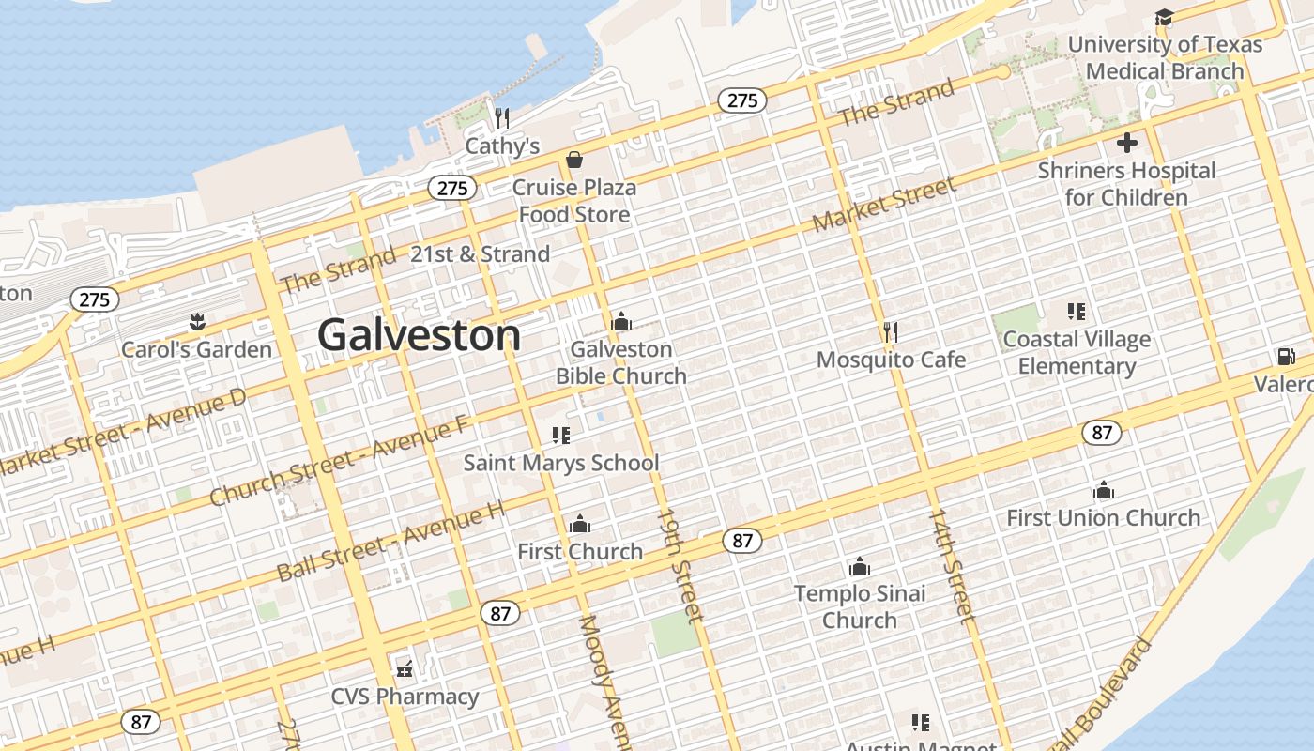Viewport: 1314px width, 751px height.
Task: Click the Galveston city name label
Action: (x=418, y=335)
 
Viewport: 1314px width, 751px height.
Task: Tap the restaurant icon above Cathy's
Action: (x=502, y=117)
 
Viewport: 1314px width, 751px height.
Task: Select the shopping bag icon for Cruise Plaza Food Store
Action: (x=573, y=160)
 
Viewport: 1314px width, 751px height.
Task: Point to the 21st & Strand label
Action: (x=480, y=254)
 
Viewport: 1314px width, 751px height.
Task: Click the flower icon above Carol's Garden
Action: (x=197, y=322)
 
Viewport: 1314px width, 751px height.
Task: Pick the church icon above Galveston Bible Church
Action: (x=620, y=322)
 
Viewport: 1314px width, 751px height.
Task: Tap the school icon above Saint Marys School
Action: (x=561, y=436)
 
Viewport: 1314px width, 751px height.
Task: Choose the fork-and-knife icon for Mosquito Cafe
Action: (x=891, y=331)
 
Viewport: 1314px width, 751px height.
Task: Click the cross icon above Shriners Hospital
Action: (x=1126, y=143)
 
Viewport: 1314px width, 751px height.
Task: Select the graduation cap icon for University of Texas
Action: (x=1164, y=17)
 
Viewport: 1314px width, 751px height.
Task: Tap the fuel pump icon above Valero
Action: (x=1285, y=357)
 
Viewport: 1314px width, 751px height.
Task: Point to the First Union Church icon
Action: (x=1103, y=490)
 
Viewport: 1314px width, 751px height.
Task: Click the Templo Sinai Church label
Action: (x=860, y=606)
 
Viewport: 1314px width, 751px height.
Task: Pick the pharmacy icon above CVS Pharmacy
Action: (x=405, y=669)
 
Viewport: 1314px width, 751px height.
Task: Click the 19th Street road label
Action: (x=680, y=566)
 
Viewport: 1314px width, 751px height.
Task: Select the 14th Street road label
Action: (x=952, y=566)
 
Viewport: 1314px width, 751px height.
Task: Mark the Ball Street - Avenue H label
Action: (x=390, y=542)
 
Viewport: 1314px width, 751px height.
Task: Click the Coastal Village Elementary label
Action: (x=1077, y=352)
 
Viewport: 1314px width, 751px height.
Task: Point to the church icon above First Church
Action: (x=580, y=523)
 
